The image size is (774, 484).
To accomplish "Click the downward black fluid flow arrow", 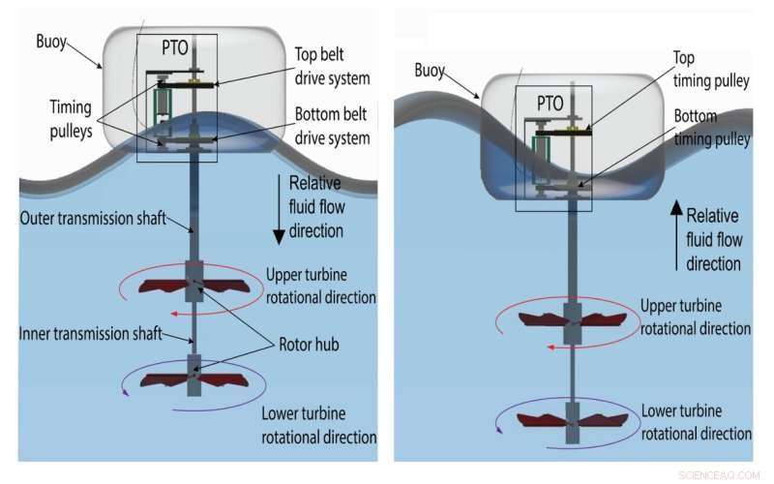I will click(280, 209).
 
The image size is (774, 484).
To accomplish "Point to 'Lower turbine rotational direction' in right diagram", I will click(695, 420).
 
